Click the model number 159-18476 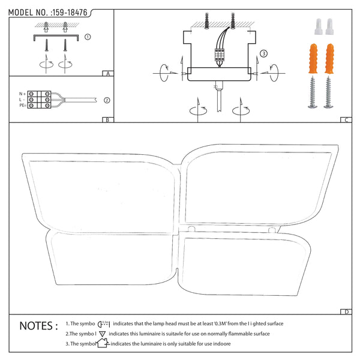click(x=70, y=13)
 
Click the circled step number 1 click(x=88, y=37)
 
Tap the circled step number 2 click(x=107, y=100)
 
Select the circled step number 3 click(x=263, y=53)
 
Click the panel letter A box click(x=108, y=73)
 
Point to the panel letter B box click(x=108, y=119)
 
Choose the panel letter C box click(x=346, y=119)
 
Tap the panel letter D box click(x=346, y=311)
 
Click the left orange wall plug click(x=313, y=58)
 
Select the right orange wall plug click(x=329, y=58)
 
